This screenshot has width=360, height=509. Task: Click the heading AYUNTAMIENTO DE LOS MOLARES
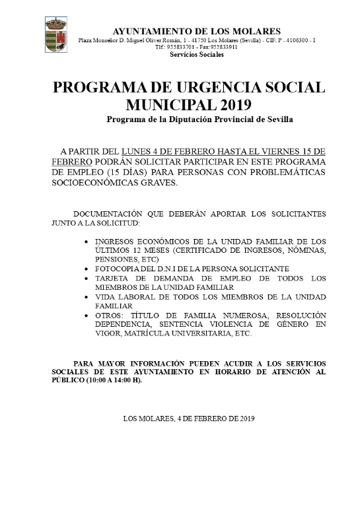(197, 32)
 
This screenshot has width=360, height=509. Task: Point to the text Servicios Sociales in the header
(197, 55)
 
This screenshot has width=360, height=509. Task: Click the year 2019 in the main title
(232, 105)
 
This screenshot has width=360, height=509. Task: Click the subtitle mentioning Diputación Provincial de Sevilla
(199, 119)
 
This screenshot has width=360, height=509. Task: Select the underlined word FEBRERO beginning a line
(71, 162)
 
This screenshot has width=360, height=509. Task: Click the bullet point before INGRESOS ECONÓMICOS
(89, 242)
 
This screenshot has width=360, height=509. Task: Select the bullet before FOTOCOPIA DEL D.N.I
(89, 270)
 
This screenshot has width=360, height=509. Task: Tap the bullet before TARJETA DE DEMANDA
(89, 279)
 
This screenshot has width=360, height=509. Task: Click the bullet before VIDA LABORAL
(89, 298)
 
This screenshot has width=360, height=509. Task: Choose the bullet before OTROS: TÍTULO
(89, 316)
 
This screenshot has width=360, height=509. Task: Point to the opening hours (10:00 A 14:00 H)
(112, 382)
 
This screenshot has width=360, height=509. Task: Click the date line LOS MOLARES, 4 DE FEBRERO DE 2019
(188, 419)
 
